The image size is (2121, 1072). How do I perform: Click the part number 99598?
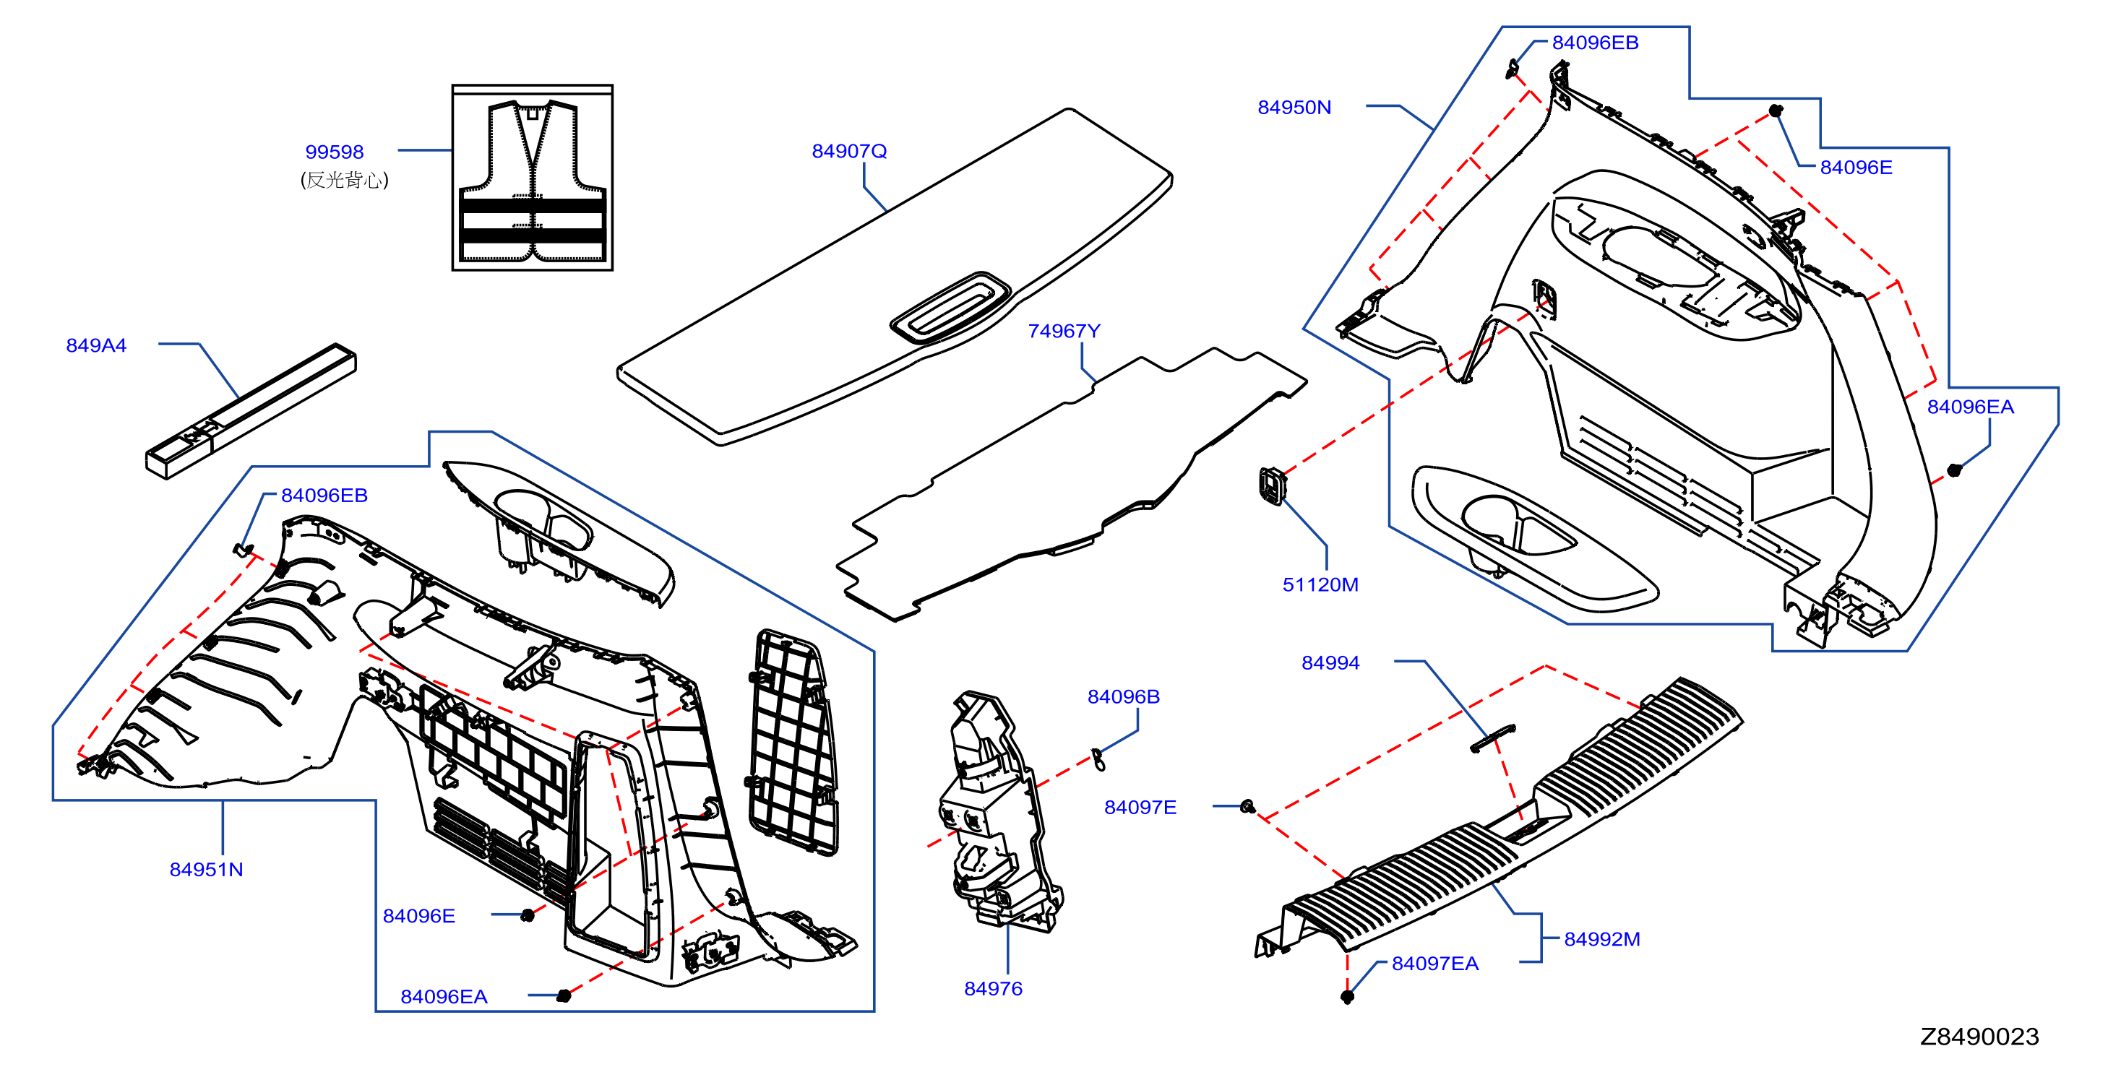point(335,152)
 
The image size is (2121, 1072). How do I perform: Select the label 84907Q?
point(849,151)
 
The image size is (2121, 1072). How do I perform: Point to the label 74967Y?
point(1064,330)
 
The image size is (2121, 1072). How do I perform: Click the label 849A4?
point(96,345)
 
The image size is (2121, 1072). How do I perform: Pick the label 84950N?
point(1294,107)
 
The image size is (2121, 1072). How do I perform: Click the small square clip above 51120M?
point(1272,485)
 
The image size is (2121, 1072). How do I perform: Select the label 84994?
point(1330,663)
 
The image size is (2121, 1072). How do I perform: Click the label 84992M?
point(1602,939)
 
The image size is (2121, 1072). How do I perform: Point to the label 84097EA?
point(1435,964)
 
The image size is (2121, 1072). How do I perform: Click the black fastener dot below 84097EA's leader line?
point(1348,997)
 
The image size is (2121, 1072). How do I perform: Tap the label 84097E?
point(1140,807)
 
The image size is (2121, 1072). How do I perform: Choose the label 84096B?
point(1124,696)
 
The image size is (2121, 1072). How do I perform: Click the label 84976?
point(994,989)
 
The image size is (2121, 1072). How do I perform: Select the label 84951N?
point(207,870)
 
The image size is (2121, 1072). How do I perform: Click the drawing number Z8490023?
point(1979,1037)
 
